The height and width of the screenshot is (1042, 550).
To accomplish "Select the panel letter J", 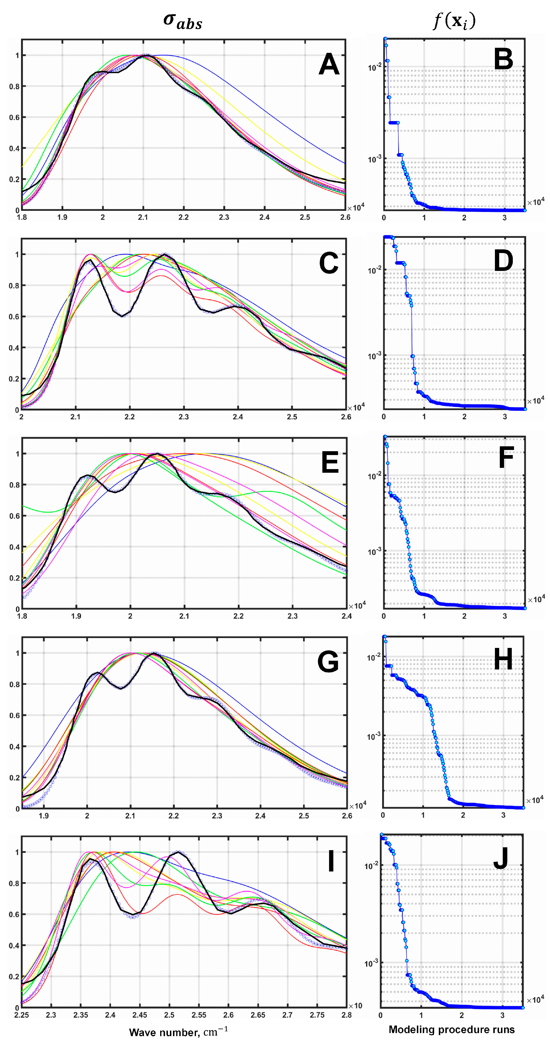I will pos(501,857).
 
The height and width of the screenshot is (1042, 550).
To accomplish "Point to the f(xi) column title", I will pos(454,20).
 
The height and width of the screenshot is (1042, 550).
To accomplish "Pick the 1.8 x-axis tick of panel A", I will pos(22,217).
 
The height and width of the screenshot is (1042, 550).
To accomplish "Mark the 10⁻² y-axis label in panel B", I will pos(374,67).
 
